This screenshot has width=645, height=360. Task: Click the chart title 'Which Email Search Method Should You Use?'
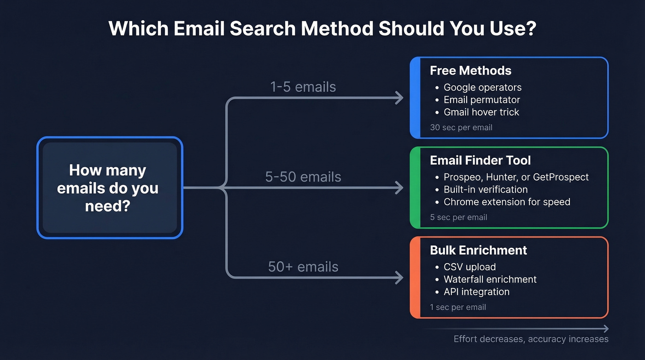click(x=322, y=29)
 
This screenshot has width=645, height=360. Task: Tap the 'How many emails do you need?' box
click(x=110, y=188)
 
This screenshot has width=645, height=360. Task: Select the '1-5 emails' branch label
click(x=303, y=87)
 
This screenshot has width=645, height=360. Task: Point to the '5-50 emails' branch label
click(x=303, y=177)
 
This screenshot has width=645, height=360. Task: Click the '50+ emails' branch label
click(x=303, y=266)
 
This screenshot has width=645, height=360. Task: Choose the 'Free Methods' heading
click(x=470, y=71)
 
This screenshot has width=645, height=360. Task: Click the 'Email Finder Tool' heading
click(x=480, y=160)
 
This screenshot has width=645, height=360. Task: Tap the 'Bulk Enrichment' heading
click(x=478, y=250)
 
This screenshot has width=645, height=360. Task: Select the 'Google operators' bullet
click(x=482, y=88)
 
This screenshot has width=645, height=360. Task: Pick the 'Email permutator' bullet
click(x=481, y=100)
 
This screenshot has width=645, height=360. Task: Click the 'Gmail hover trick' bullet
click(x=481, y=112)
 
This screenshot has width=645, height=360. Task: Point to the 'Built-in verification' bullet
click(x=486, y=189)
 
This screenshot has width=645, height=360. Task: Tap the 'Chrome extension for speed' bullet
click(x=507, y=202)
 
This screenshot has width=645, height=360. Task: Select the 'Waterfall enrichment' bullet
click(x=490, y=279)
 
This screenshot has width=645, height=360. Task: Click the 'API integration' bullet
click(x=476, y=292)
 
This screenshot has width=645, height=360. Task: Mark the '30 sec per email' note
click(x=461, y=128)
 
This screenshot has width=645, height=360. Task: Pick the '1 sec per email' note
click(x=458, y=307)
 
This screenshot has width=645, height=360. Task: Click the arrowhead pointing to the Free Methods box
click(x=399, y=97)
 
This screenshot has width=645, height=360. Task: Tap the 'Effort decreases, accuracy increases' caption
click(x=531, y=339)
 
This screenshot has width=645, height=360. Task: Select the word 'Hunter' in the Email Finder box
click(x=498, y=177)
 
